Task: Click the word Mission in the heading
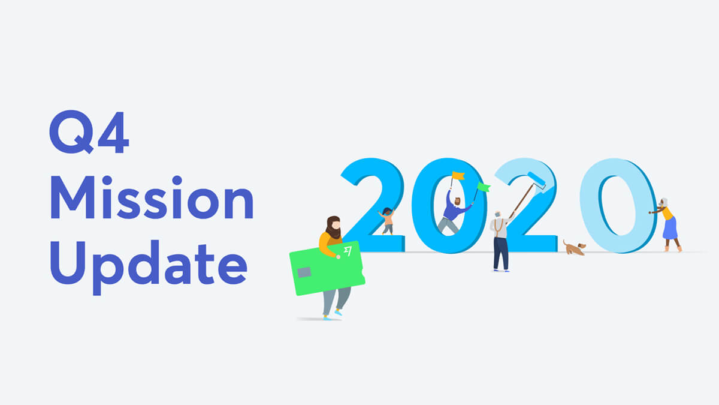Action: coord(152,197)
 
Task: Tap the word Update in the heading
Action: coord(149,268)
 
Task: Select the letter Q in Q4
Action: coord(71,132)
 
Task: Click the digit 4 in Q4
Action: coord(113,132)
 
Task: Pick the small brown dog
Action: coord(575,248)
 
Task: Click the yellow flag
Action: coord(458,175)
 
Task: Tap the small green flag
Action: coord(484,187)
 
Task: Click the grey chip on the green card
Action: coord(304,272)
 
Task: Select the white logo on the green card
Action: coord(348,251)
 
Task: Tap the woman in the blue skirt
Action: coord(667,224)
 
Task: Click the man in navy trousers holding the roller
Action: coord(500,241)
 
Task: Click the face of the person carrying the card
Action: coord(336,224)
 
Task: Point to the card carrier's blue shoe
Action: coord(338,312)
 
